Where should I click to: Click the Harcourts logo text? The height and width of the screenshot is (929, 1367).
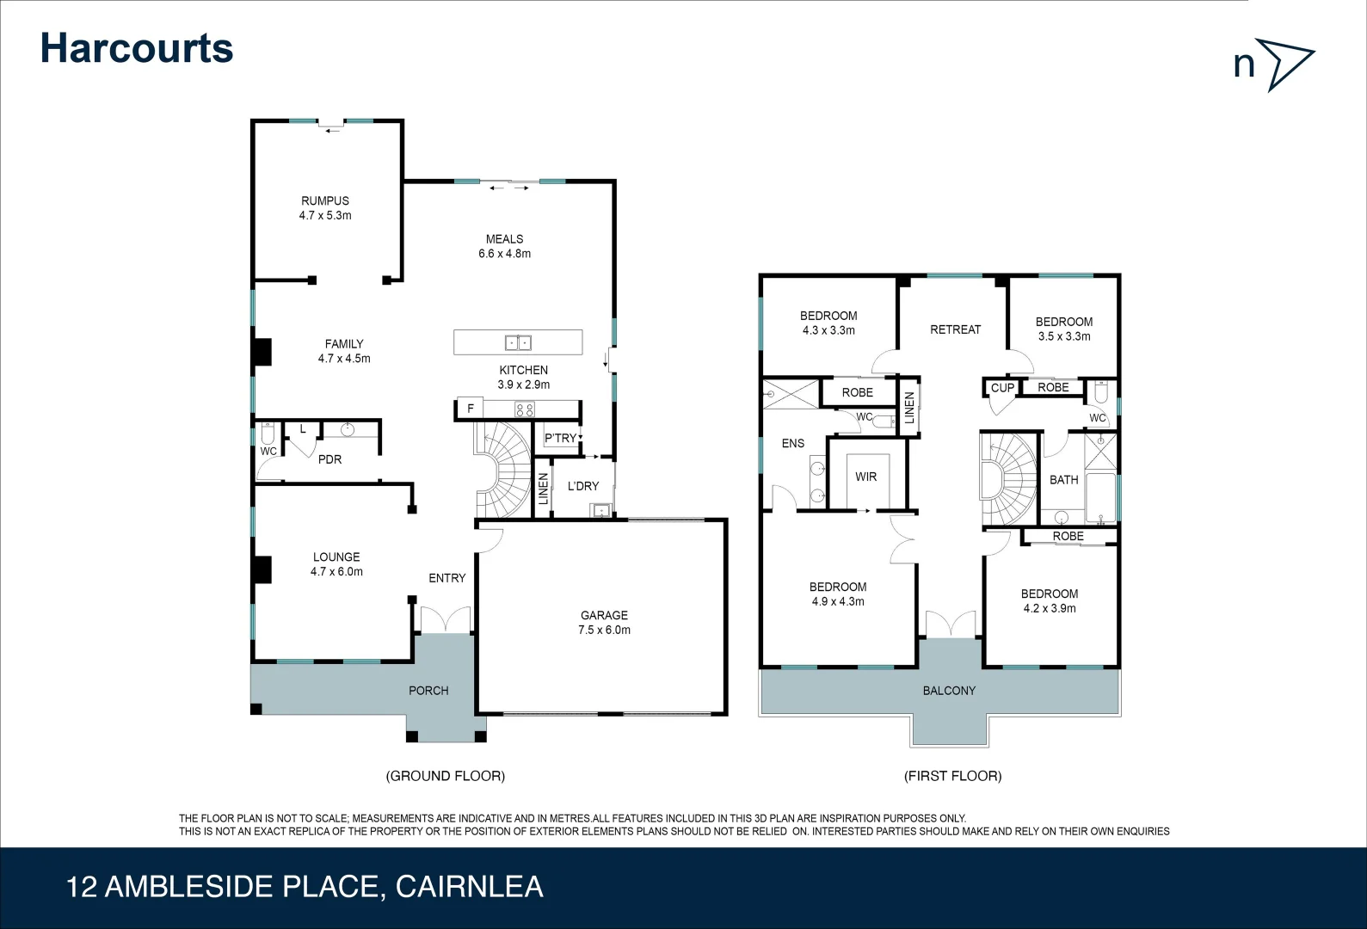137,48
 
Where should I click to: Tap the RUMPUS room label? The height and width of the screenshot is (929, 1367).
325,201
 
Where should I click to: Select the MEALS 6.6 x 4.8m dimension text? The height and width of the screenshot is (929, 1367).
504,254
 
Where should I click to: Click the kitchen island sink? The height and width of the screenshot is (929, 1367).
518,342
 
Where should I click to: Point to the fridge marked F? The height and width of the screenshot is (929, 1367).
470,409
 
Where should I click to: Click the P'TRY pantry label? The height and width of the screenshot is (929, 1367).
560,438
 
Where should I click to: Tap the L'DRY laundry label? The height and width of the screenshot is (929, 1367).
582,486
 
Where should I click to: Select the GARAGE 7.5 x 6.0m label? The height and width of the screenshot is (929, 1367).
604,622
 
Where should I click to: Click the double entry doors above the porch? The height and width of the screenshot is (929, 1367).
444,621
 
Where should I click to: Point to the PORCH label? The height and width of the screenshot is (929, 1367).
428,690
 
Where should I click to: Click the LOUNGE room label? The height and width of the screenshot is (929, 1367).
336,557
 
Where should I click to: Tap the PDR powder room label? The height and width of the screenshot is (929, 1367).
329,459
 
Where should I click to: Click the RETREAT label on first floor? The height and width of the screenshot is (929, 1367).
955,329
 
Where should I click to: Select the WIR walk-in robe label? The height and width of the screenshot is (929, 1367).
865,477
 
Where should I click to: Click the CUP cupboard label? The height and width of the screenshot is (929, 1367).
1002,388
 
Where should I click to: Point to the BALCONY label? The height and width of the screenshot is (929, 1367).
949,690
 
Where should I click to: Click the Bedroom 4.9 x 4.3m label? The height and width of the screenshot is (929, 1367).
837,594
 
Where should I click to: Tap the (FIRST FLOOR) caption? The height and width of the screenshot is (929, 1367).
952,776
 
